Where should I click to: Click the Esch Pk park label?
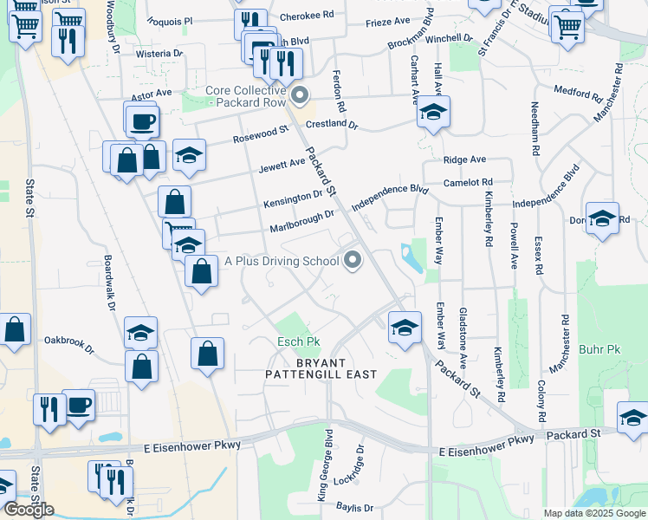(x=300, y=342)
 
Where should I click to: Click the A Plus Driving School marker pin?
(x=353, y=260)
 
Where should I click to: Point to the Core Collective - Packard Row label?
(x=245, y=96)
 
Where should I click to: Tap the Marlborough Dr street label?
(x=301, y=221)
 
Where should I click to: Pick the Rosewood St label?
(x=260, y=134)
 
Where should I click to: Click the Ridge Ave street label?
(x=464, y=159)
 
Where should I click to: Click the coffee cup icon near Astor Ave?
(x=143, y=120)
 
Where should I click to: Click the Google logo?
(x=28, y=510)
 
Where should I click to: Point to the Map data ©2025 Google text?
(x=593, y=513)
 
